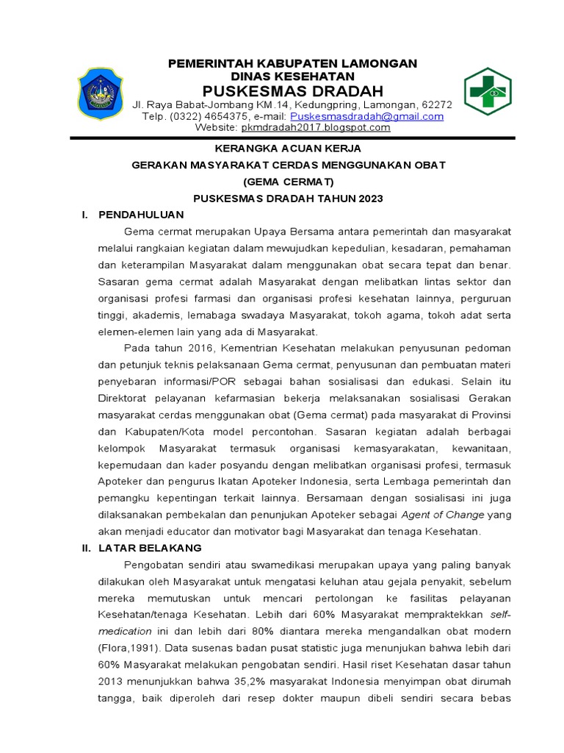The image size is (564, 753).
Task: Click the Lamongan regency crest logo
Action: pos(101,94)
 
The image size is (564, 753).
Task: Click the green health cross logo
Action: pos(487,93)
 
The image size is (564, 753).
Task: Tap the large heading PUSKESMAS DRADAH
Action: pos(293,91)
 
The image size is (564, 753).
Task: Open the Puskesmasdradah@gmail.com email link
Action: pos(366,116)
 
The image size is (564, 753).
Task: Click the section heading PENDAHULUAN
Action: pos(141,215)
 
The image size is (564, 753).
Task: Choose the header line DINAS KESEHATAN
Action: pos(292,76)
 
